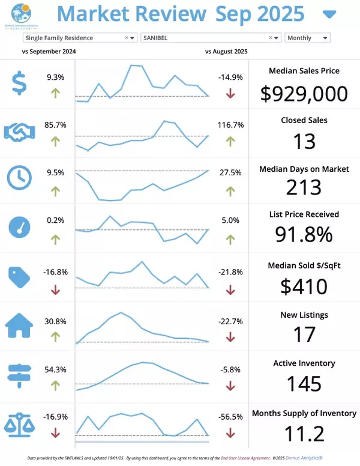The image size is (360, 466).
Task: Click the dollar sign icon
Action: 19,83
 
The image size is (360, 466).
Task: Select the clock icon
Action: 19,177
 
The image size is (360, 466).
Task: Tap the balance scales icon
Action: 19,423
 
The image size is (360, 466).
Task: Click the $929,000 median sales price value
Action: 304,93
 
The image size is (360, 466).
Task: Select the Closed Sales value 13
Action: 304,141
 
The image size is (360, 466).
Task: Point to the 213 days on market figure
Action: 304,189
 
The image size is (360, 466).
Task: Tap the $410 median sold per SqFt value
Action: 304,285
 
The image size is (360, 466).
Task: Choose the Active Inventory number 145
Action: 304,383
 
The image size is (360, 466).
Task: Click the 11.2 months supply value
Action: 304,433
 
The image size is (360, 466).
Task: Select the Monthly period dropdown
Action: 307,38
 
